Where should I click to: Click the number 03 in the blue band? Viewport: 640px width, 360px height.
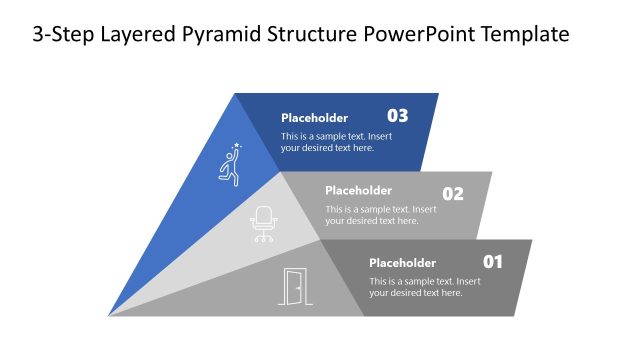point(398,115)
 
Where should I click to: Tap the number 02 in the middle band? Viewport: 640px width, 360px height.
point(453,194)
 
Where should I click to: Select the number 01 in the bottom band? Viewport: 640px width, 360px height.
point(493,262)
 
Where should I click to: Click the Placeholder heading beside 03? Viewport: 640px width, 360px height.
point(314,116)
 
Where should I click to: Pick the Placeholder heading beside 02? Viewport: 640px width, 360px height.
point(358,190)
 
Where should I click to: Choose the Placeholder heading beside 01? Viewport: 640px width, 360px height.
point(402,263)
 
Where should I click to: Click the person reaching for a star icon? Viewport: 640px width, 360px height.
point(231,165)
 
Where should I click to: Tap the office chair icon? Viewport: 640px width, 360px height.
point(264,224)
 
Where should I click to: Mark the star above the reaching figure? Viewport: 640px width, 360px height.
point(237,146)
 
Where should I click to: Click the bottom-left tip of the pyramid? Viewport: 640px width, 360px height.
point(110,315)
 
